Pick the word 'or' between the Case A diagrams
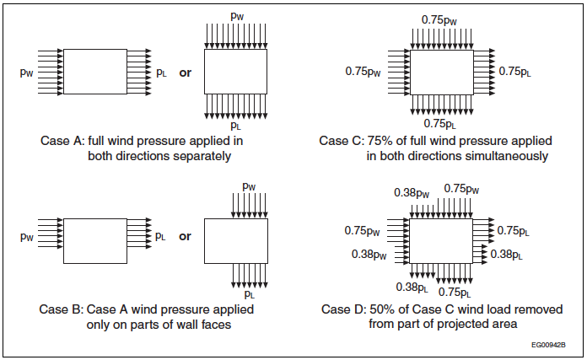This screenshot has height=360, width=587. point(186,73)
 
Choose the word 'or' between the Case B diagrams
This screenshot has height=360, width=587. point(186,236)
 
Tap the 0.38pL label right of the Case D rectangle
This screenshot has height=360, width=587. point(507,254)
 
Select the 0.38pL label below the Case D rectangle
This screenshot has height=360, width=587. point(412,287)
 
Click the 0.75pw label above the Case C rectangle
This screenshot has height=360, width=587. point(440,19)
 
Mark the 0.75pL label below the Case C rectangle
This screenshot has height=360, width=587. point(439,124)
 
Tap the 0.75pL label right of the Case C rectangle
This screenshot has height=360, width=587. point(516,72)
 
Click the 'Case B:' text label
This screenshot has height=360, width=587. point(61,309)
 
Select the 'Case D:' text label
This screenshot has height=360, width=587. point(341,309)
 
